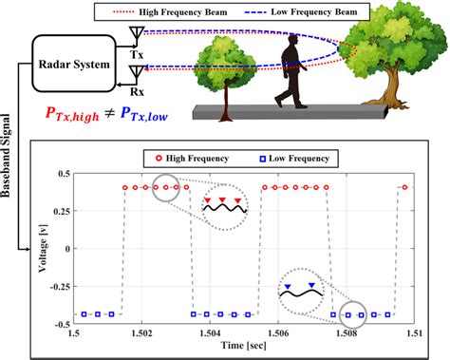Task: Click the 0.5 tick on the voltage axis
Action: coord(64,174)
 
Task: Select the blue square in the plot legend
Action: coord(266,155)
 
